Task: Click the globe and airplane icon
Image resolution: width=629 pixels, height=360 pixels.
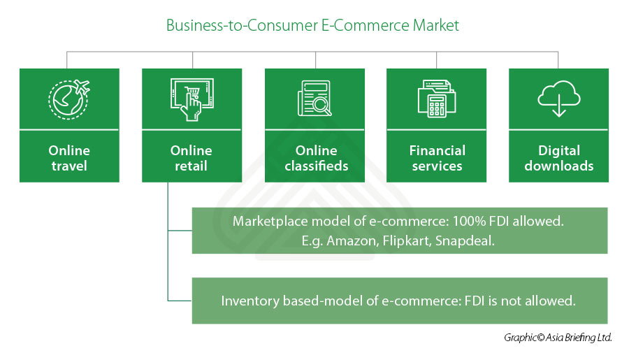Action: click(69, 99)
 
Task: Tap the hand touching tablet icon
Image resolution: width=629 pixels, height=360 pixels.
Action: click(191, 99)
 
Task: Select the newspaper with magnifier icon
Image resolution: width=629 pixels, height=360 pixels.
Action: click(314, 99)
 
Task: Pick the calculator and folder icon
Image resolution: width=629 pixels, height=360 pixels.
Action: click(436, 99)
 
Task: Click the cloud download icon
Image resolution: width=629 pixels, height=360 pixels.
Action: click(558, 99)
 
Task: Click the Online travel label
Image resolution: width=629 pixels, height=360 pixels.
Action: click(69, 158)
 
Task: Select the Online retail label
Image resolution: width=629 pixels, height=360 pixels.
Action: click(191, 158)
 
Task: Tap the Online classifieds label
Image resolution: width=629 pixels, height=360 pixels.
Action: click(315, 158)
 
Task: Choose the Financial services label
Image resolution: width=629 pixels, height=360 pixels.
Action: click(437, 158)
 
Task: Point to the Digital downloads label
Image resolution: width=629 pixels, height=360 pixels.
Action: click(558, 158)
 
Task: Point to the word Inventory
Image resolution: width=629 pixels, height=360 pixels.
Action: click(248, 301)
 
